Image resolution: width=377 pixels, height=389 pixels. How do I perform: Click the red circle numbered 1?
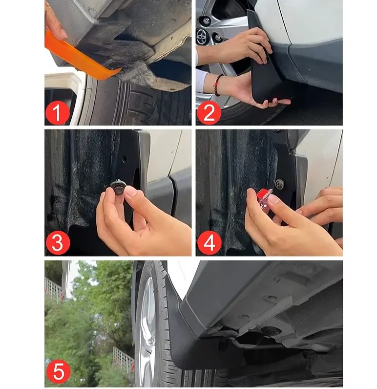coord(57,113)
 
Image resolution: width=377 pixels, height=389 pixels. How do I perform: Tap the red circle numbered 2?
coord(209,113)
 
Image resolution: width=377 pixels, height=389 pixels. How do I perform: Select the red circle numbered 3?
coord(58,243)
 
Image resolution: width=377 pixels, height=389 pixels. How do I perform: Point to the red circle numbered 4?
coord(209,243)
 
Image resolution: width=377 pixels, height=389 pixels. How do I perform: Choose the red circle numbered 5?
coord(58,372)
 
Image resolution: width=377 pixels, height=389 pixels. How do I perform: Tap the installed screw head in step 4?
coord(280,184)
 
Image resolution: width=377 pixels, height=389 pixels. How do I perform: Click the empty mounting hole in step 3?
coord(125,159)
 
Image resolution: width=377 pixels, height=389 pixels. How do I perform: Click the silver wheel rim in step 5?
coord(146,330)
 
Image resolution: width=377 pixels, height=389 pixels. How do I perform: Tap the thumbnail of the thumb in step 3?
coord(130,192)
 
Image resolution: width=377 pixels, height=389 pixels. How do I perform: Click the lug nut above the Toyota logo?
coord(206,21)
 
